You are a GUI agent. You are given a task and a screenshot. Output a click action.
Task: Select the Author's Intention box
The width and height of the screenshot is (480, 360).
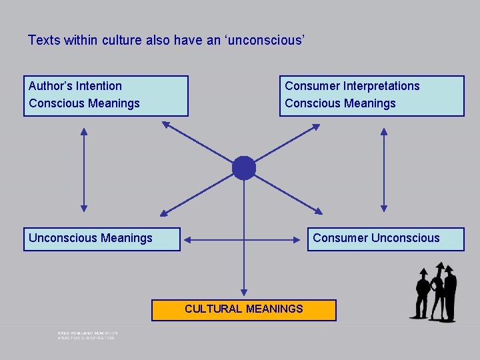tap(105, 96)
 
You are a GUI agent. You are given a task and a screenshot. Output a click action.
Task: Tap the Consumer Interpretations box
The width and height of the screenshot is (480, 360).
tap(371, 96)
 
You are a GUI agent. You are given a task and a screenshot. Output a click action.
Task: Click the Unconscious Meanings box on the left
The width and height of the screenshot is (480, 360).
tap(101, 239)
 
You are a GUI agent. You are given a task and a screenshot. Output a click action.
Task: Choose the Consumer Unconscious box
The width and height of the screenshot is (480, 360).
tap(385, 239)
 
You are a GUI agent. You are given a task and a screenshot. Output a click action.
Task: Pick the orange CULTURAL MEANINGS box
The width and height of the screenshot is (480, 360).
tap(244, 309)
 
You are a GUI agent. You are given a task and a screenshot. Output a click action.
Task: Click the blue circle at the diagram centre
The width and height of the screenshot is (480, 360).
tap(244, 168)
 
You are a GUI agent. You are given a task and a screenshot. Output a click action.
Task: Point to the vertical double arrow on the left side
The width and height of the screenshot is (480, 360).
tap(84, 170)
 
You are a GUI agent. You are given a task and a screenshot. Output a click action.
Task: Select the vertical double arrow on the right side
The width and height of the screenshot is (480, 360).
tap(383, 170)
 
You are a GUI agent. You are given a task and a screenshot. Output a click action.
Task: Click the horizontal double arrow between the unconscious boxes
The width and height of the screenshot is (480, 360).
tap(244, 238)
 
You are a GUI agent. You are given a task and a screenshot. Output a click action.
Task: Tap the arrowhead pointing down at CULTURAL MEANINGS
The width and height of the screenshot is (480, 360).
tap(244, 291)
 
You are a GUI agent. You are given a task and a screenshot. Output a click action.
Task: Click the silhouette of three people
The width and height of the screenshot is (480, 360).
tap(436, 293)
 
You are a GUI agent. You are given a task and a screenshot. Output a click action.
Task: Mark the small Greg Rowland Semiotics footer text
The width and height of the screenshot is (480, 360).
tap(87, 335)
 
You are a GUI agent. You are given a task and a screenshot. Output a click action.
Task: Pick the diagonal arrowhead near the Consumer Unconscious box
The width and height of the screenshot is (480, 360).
tap(318, 211)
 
